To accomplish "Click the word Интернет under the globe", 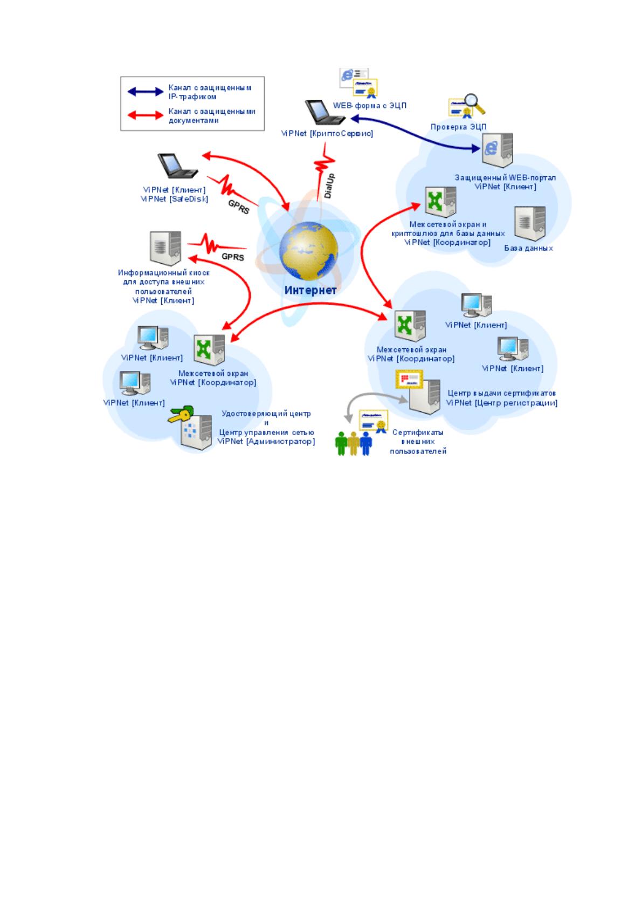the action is (x=310, y=290).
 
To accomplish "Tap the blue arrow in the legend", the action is (x=145, y=92).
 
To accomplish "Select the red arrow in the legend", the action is (x=145, y=115).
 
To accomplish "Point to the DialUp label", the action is (x=329, y=186).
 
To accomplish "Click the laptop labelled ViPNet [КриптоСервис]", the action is (x=325, y=112).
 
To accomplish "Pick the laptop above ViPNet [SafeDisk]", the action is (x=177, y=166).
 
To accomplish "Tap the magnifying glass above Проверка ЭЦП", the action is (x=474, y=104).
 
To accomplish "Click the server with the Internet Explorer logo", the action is (x=498, y=150).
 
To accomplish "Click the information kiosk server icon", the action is (x=165, y=248).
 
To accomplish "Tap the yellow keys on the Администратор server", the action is (x=181, y=414).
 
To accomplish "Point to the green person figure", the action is (x=341, y=443).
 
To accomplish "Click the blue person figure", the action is (x=366, y=443).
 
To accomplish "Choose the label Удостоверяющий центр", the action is (x=266, y=414).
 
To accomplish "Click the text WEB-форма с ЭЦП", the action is (x=370, y=106).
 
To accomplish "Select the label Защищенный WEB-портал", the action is (x=505, y=177).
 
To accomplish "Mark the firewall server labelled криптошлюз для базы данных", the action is (x=440, y=202).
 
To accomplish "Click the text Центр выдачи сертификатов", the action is (x=502, y=393).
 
